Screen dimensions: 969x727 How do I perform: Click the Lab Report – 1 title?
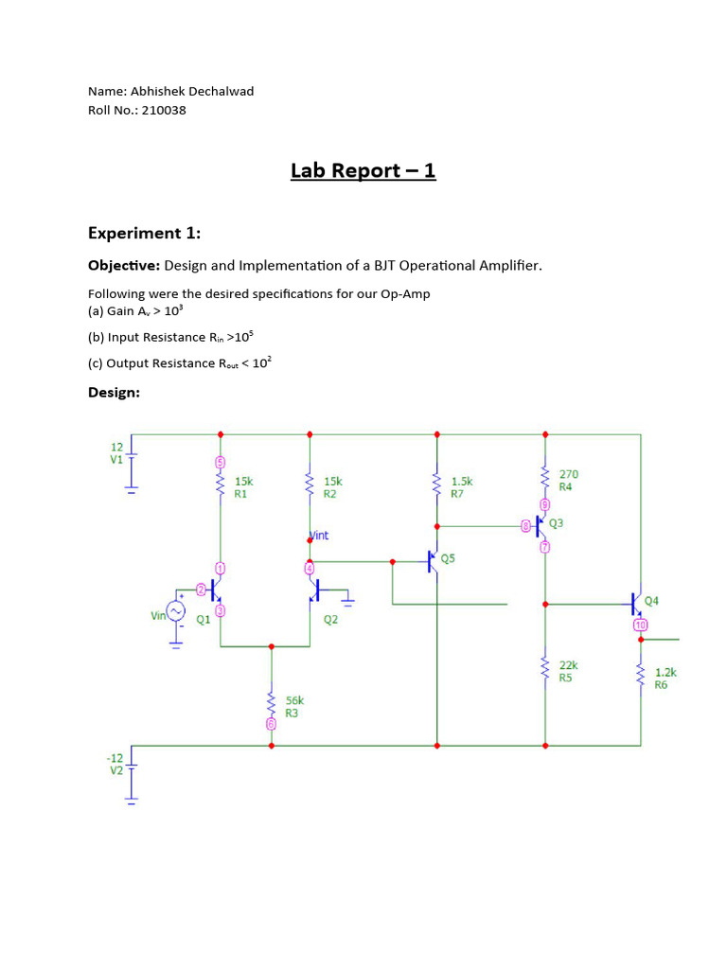click(363, 171)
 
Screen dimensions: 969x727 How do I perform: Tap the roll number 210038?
click(165, 110)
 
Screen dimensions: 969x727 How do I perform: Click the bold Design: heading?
click(114, 392)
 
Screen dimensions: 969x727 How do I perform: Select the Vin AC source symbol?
click(176, 612)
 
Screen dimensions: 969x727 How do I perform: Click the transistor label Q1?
click(204, 621)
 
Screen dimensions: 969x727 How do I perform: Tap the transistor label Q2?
click(330, 621)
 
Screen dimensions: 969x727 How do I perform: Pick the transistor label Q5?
click(448, 559)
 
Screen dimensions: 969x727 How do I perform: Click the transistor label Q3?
click(556, 523)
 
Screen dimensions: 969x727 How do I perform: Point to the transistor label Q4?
click(652, 600)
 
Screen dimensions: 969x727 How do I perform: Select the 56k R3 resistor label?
click(294, 707)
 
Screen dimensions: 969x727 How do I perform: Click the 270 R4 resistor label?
click(568, 481)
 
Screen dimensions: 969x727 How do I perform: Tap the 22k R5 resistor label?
click(568, 671)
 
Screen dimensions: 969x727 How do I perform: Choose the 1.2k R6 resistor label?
click(665, 678)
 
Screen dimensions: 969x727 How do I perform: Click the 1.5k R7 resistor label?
click(461, 487)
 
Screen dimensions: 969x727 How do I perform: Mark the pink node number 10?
click(641, 625)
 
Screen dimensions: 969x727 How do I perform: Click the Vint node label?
click(320, 536)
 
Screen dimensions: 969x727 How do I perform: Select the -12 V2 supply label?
click(115, 765)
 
